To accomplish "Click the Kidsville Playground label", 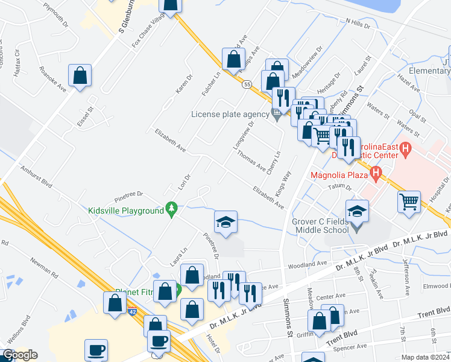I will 126,211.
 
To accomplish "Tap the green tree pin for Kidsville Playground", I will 172,209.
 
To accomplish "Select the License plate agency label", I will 230,114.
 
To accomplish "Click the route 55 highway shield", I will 247,86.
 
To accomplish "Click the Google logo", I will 20,355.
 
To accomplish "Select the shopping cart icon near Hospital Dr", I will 409,202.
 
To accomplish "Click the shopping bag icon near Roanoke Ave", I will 80,76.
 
